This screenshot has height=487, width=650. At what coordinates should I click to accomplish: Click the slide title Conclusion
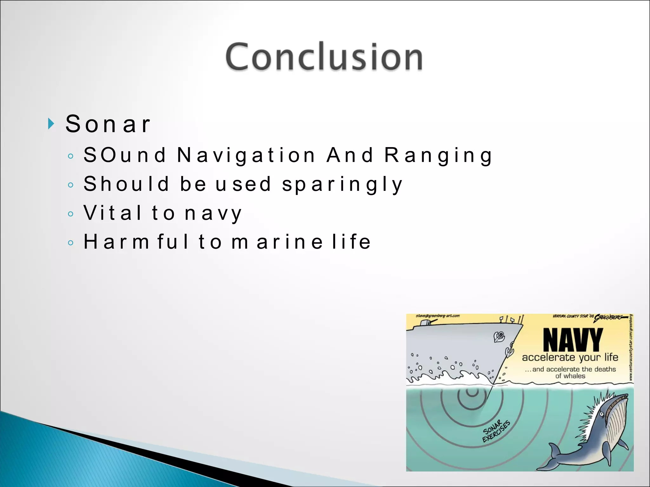coord(324,57)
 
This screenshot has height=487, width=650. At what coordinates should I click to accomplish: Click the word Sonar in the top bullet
coord(108,124)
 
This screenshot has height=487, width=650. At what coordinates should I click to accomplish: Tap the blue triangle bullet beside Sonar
coord(51,123)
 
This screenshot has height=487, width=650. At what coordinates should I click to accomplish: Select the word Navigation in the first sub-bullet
coord(246,155)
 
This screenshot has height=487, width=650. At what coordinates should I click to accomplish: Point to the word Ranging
coord(438,155)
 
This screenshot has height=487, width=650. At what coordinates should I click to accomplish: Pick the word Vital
coord(113,213)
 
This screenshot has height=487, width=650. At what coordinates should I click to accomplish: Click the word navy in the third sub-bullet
coord(213,213)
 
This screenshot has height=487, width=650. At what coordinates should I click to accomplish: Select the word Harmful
coord(136,242)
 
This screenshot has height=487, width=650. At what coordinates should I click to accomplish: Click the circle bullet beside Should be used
coord(71,185)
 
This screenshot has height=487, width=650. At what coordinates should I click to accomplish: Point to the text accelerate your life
coord(570,357)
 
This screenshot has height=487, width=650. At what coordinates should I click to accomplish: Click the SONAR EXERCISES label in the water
coord(496,431)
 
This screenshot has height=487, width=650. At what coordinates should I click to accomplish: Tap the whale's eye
coord(601,414)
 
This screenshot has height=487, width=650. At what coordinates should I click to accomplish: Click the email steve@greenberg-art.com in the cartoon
coord(437,316)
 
